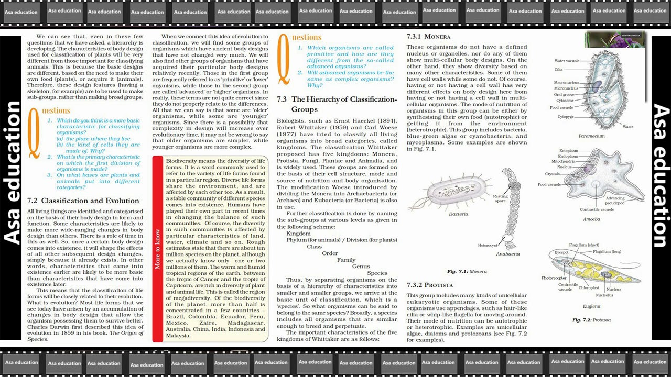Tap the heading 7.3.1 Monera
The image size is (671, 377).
[x=429, y=37]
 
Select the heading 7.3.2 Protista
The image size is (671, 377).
[x=430, y=285]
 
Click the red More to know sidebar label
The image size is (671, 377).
[x=158, y=249]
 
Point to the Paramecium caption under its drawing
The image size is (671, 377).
[x=591, y=136]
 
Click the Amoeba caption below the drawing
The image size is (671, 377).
[x=591, y=219]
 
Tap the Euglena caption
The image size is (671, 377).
[x=591, y=306]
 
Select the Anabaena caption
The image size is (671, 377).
[x=507, y=254]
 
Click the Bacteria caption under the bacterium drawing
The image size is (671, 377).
[x=458, y=214]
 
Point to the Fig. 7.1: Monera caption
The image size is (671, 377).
[x=467, y=272]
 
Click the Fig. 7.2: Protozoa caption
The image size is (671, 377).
[x=591, y=320]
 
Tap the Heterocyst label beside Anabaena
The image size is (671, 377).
[x=487, y=245]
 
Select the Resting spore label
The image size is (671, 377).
[x=500, y=198]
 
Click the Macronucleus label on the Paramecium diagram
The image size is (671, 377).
[x=566, y=82]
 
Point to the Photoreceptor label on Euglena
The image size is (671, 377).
[x=554, y=278]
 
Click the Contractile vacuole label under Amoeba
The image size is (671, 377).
[x=597, y=210]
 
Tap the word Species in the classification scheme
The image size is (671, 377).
[x=377, y=273]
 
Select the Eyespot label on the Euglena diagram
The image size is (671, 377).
[x=561, y=252]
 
